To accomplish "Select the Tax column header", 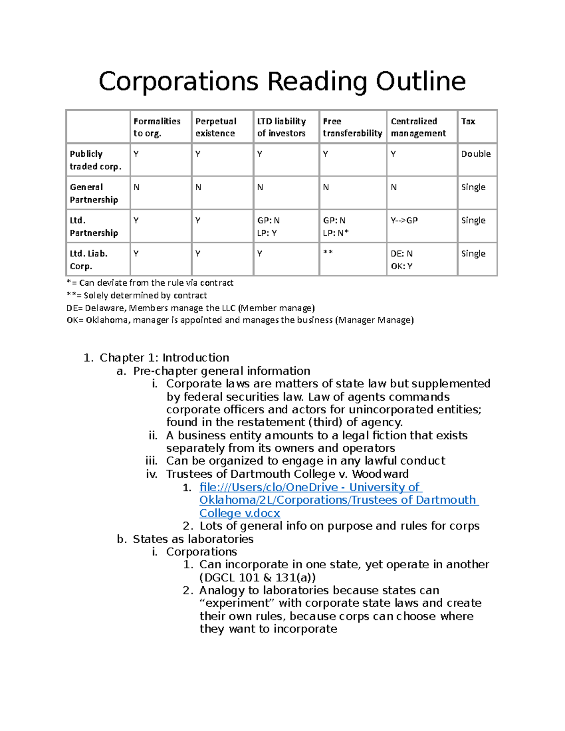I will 468,121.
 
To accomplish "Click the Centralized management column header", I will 418,127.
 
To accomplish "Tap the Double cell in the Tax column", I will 476,154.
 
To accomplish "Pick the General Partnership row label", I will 94,193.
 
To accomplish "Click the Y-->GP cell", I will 404,220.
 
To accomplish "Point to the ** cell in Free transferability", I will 328,253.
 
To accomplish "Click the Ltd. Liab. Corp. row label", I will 89,260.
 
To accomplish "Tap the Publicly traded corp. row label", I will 95,160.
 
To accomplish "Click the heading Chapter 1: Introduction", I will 164,358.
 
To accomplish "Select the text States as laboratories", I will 193,539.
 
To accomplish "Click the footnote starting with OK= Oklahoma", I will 240,320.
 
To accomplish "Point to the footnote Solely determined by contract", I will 137,296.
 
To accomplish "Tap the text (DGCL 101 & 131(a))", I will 257,578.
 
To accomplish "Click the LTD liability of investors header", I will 281,127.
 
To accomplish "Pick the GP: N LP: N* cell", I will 336,226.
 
